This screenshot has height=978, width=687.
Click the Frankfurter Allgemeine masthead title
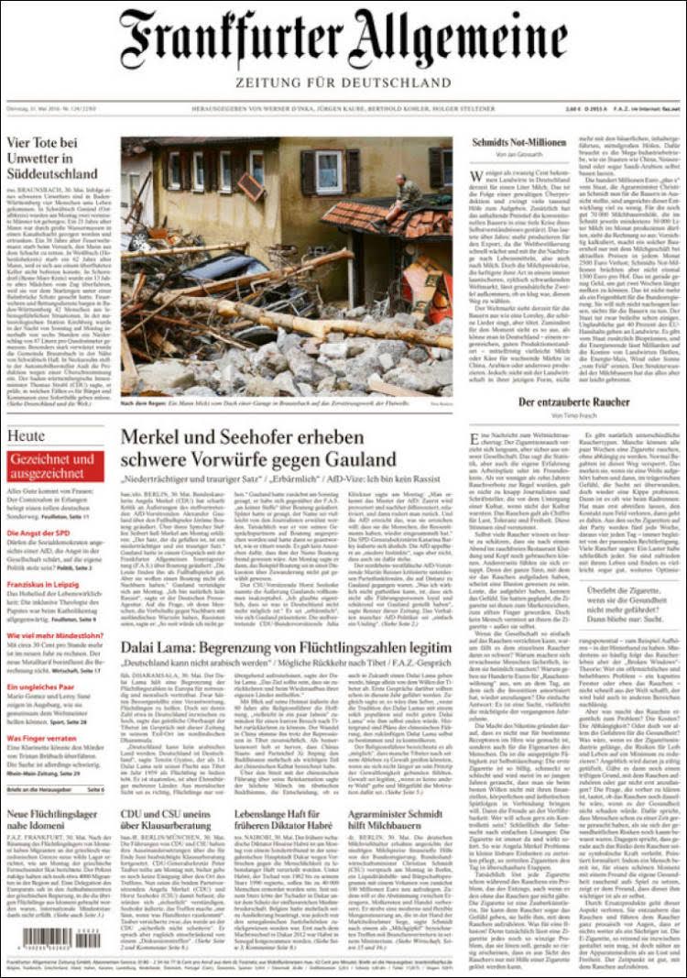pos(343,40)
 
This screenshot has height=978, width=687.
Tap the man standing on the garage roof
pos(406,192)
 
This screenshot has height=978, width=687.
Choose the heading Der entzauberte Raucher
pos(573,402)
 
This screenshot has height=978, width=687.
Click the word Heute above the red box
pos(26,435)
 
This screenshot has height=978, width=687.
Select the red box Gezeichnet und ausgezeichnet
pos(55,466)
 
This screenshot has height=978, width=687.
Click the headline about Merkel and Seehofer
pos(258,448)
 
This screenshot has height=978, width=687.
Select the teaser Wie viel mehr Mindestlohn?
pos(55,634)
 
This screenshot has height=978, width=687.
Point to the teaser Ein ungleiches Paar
pos(41,686)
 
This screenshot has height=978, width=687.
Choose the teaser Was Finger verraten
pos(41,737)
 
